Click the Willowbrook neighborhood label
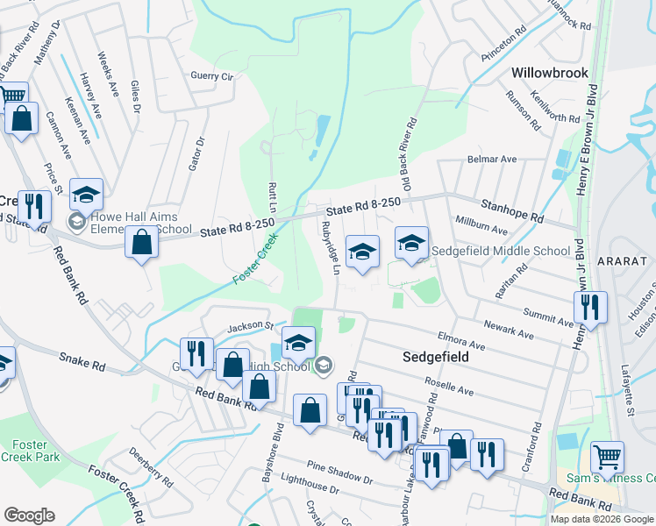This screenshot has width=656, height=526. (550, 73)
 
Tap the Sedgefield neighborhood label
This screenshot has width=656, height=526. (436, 357)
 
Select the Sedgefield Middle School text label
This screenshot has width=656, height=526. (502, 251)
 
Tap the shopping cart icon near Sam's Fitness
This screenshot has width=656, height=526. (607, 456)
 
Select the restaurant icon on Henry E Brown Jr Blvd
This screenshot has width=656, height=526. (590, 307)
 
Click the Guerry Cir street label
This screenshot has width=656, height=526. (212, 76)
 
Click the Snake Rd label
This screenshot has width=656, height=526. (83, 359)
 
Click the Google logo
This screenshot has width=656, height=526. (29, 515)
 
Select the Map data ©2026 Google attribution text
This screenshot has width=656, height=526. (602, 519)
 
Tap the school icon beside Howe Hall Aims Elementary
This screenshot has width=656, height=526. (87, 194)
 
